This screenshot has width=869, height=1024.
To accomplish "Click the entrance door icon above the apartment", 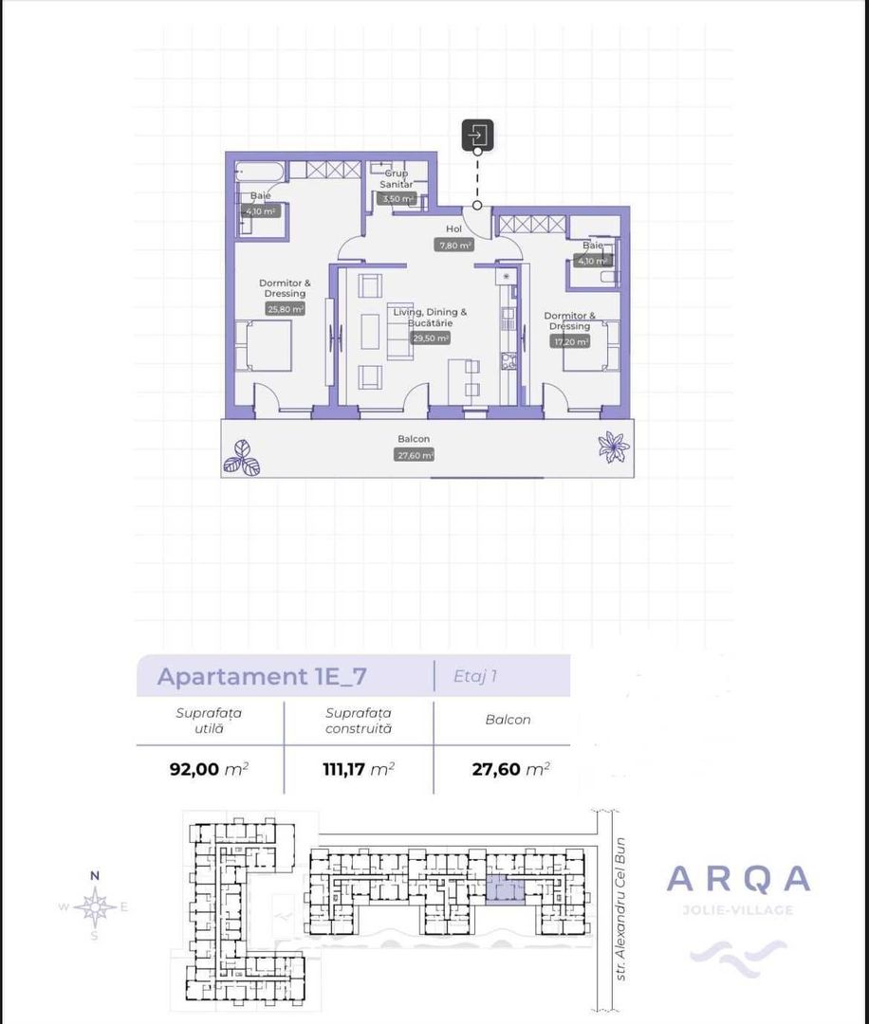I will click(x=477, y=136).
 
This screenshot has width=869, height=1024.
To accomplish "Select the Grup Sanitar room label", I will click(x=397, y=179).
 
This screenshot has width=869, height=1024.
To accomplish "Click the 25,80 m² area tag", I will click(x=285, y=309).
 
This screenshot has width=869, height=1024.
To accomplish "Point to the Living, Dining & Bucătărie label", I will click(x=430, y=318).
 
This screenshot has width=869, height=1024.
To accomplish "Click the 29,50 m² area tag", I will click(x=430, y=338).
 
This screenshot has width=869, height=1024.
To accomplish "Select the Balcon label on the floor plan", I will click(x=414, y=440).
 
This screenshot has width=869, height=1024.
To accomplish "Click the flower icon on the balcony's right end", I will click(x=614, y=446).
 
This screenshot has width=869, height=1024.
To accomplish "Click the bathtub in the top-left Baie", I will click(x=257, y=174).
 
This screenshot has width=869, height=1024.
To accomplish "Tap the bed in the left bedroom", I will click(x=265, y=346).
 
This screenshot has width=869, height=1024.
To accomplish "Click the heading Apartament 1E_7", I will click(x=262, y=677).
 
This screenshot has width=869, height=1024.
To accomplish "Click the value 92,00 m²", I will click(x=209, y=769).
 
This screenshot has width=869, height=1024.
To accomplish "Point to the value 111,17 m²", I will click(x=359, y=769).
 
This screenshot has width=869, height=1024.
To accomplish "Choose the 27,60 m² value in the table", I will click(x=510, y=769).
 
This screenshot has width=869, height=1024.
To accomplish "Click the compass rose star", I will click(x=95, y=907).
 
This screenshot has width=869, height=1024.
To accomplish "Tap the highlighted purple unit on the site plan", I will click(x=505, y=890).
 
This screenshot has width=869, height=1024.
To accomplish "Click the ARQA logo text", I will click(x=739, y=880).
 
